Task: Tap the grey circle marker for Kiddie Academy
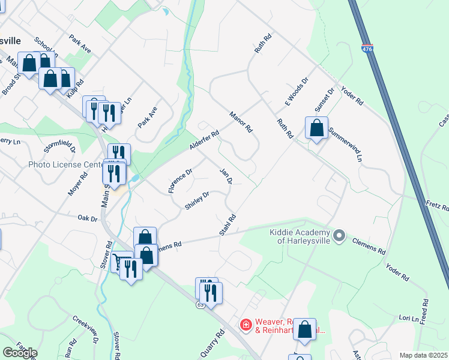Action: pos(339,235)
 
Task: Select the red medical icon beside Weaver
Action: pos(246,325)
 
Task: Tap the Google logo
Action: pos(20,352)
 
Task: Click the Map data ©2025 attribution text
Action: pos(423,355)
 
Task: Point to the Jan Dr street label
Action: pos(226,176)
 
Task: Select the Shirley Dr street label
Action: pos(197,200)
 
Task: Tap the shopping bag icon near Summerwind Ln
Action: pos(316,128)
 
